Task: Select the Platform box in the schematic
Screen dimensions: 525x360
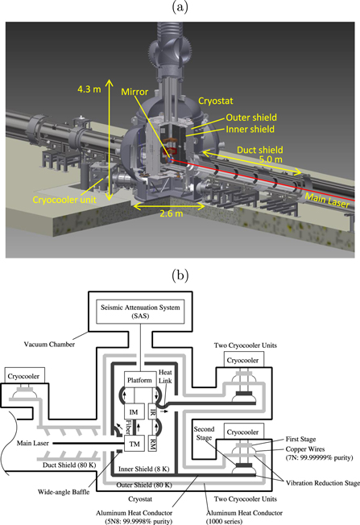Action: click(139, 379)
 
